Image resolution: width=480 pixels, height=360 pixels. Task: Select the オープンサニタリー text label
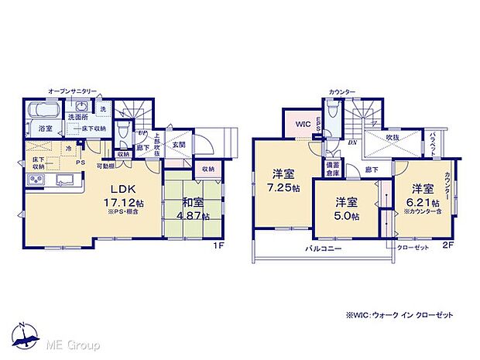pyautogui.click(x=71, y=91)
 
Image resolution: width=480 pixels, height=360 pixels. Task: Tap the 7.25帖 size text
pyautogui.click(x=282, y=188)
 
